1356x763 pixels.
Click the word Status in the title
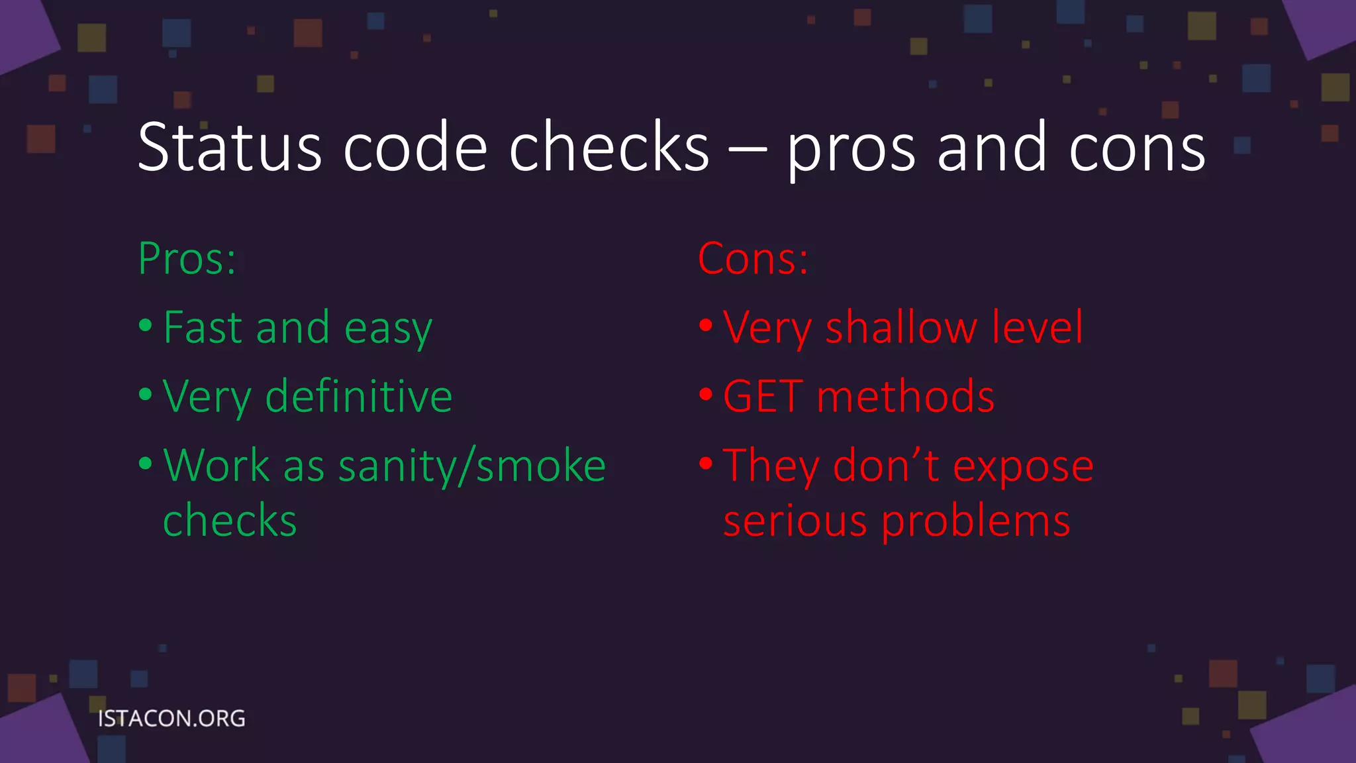229,147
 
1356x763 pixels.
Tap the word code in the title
415,147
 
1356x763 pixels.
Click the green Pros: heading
187,258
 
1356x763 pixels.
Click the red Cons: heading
753,258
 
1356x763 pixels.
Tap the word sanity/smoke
472,466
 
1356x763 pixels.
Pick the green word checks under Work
230,521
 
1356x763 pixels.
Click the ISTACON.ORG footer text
171,719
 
